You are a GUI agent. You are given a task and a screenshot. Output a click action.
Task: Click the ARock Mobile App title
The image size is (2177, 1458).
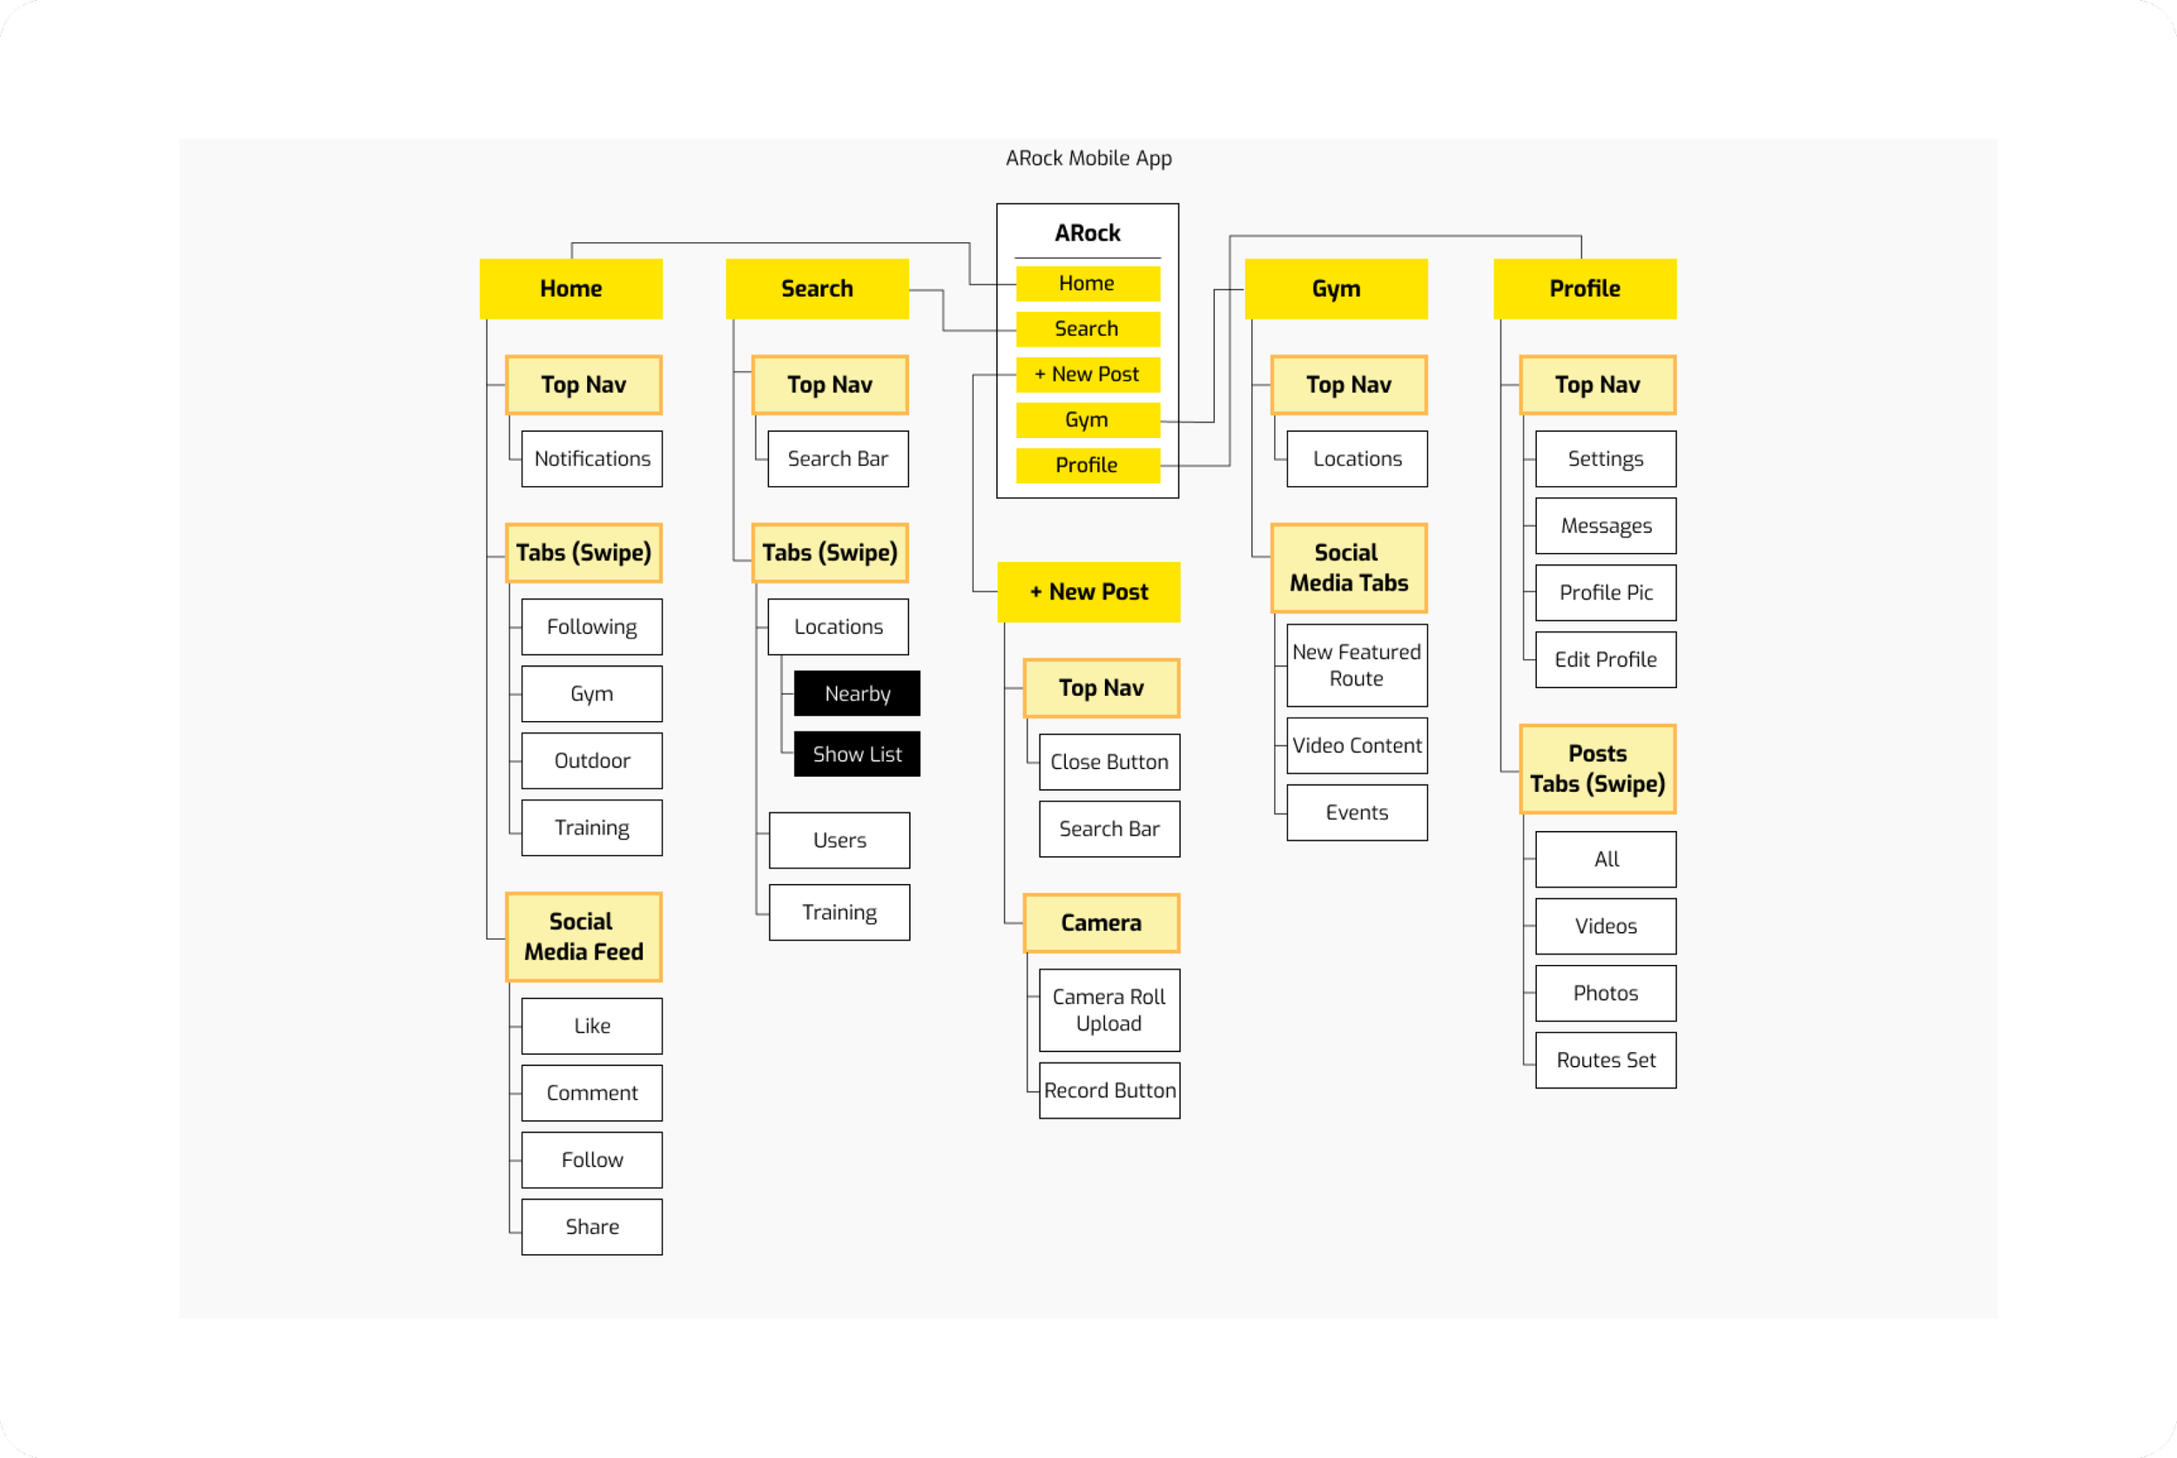pyautogui.click(x=1088, y=158)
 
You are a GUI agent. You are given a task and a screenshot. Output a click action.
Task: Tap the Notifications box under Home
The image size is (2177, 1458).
pyautogui.click(x=592, y=458)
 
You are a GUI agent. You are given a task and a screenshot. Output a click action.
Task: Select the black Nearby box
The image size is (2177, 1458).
pyautogui.click(x=857, y=693)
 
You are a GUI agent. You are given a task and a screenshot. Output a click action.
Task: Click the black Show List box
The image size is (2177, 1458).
pyautogui.click(x=857, y=754)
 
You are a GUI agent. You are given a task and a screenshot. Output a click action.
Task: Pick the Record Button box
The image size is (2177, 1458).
pyautogui.click(x=1109, y=1090)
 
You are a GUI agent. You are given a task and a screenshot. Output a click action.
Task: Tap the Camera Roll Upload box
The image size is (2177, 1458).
pyautogui.click(x=1109, y=1009)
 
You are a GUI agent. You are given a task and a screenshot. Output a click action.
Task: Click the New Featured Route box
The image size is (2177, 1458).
pyautogui.click(x=1356, y=665)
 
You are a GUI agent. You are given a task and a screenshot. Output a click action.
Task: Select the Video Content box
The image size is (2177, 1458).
pyautogui.click(x=1356, y=746)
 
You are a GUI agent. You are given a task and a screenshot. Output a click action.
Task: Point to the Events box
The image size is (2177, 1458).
pyautogui.click(x=1356, y=813)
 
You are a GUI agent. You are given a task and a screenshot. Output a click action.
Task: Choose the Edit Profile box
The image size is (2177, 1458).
pyautogui.click(x=1606, y=659)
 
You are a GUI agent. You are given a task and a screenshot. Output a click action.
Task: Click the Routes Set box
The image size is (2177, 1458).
pyautogui.click(x=1606, y=1060)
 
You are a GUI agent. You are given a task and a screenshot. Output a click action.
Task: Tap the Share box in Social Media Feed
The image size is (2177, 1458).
pyautogui.click(x=592, y=1226)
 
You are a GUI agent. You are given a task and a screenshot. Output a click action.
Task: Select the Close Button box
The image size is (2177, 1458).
pyautogui.click(x=1109, y=761)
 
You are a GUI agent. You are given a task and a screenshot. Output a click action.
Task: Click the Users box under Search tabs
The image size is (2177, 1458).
pyautogui.click(x=839, y=840)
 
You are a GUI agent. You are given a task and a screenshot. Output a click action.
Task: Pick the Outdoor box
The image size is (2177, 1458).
pyautogui.click(x=592, y=760)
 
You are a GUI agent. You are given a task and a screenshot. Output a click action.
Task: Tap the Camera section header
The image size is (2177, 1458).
pyautogui.click(x=1102, y=922)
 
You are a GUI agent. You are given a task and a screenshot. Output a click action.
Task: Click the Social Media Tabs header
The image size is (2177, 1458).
pyautogui.click(x=1349, y=568)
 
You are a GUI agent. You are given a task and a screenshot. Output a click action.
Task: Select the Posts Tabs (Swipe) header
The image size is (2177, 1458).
pyautogui.click(x=1597, y=769)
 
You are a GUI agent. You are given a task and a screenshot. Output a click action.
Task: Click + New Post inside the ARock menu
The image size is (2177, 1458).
pyautogui.click(x=1088, y=374)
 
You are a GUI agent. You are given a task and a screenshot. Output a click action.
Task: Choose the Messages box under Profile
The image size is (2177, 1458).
pyautogui.click(x=1606, y=526)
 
